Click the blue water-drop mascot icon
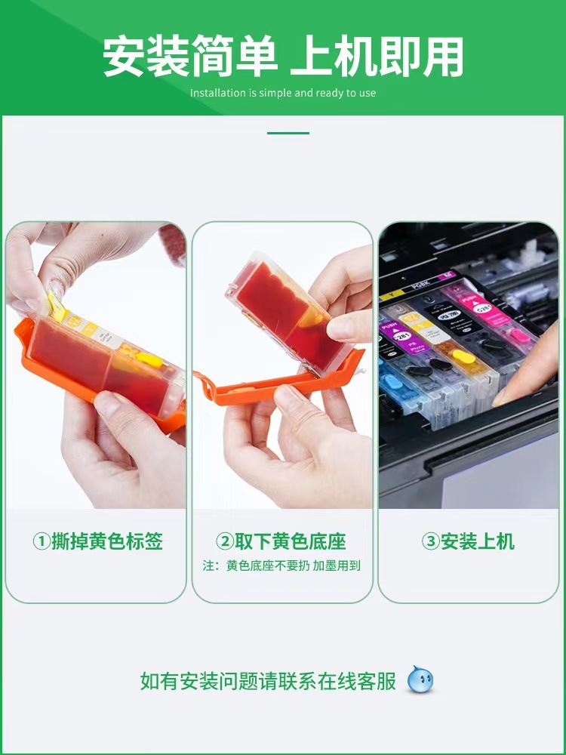[x=420, y=679]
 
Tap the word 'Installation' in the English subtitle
[x=218, y=93]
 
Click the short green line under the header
[x=288, y=133]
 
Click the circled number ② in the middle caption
[x=225, y=541]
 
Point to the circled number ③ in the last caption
[x=430, y=541]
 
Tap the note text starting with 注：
[x=282, y=565]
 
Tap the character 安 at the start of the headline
[x=125, y=57]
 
